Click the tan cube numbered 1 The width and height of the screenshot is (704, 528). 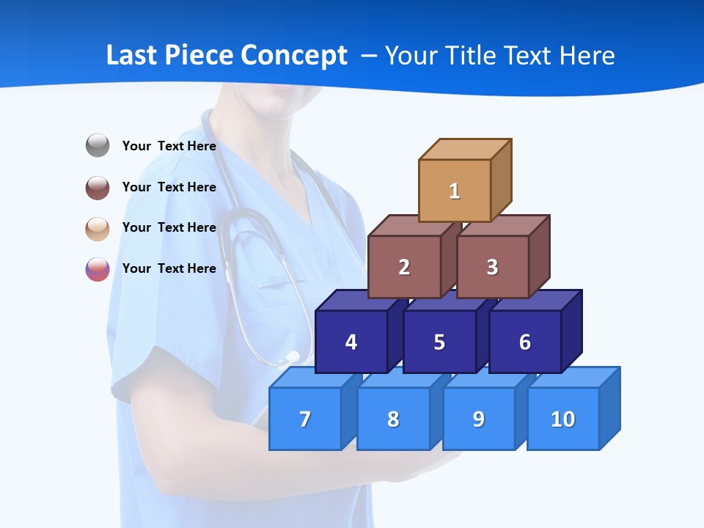455,191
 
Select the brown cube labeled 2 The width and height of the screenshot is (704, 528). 404,267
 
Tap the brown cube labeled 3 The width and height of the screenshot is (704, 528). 492,267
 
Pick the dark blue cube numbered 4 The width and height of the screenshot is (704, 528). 351,342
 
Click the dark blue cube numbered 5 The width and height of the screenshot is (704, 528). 439,342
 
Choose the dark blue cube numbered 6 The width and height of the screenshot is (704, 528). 525,342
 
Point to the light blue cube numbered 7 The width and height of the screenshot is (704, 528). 305,419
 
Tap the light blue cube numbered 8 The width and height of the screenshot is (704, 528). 393,419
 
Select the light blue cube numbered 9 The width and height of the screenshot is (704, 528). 479,419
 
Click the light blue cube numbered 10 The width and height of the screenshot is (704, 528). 563,419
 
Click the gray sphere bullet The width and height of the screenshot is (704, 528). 98,146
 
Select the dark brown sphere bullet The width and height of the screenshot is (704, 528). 98,187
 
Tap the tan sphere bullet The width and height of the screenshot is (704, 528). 98,228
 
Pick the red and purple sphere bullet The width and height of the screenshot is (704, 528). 98,269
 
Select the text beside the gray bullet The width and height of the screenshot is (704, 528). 169,146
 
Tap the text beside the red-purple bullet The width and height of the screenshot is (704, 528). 169,268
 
